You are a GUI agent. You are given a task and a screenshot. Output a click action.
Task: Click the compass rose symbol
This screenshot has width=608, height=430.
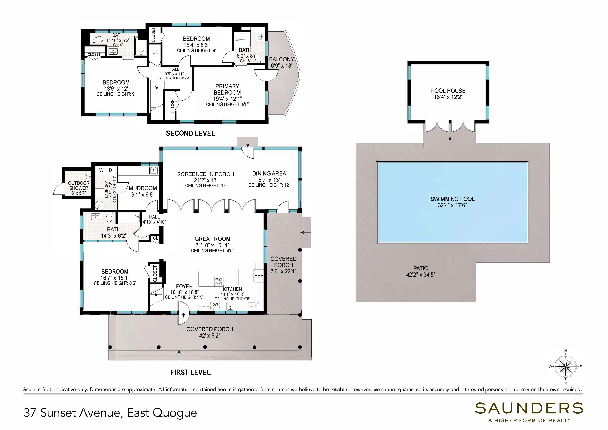coord(565,367)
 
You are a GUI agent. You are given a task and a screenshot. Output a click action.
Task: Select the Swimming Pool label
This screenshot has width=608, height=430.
coord(452,199)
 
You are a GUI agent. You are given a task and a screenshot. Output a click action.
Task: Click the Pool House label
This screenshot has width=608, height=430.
coord(448,91)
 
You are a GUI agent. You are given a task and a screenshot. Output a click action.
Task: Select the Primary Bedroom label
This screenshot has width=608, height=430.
coord(227,89)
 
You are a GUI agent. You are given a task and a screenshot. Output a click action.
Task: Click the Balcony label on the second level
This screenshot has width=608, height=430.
coord(282,59)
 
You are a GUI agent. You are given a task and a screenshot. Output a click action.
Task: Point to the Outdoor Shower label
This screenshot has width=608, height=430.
coord(79,185)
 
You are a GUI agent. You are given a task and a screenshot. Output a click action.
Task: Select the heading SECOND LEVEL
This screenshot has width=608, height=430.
coord(190,133)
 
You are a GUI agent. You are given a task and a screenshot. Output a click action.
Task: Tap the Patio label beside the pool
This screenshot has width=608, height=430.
coord(421,268)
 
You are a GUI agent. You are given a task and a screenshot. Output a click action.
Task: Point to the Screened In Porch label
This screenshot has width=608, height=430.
coord(206,174)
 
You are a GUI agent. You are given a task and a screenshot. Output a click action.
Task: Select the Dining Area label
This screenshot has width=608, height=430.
coord(269,173)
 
